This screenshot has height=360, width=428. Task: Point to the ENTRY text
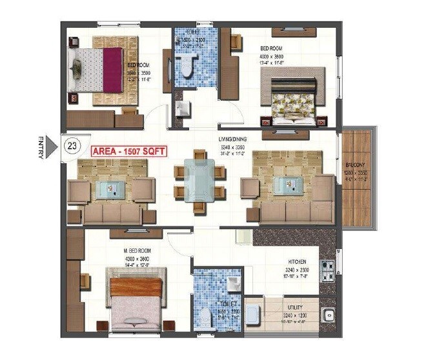(x=41, y=147)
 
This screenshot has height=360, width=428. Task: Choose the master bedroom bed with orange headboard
(x=136, y=301)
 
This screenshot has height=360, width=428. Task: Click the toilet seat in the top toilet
(x=189, y=66)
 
